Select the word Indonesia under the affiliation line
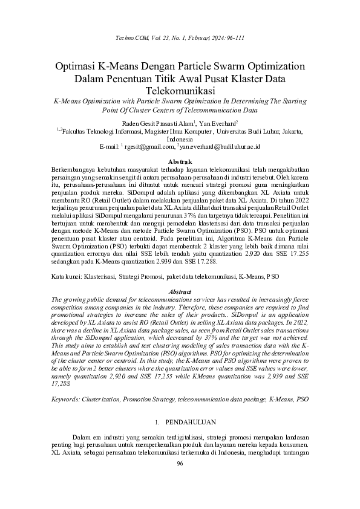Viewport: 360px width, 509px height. [180, 138]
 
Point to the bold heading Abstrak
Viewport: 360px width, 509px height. [180, 161]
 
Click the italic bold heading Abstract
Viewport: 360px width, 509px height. [180, 292]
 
